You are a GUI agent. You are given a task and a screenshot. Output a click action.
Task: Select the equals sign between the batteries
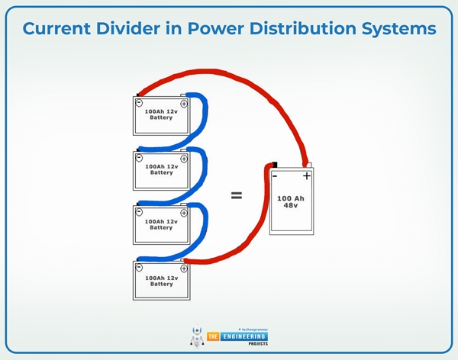(x=237, y=195)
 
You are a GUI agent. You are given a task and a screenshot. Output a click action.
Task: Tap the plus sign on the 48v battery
(x=306, y=176)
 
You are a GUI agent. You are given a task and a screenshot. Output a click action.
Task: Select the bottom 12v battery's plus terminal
(x=184, y=267)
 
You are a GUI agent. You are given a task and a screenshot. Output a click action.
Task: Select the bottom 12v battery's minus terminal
(x=140, y=267)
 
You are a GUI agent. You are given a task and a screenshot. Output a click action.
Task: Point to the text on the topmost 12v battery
(x=162, y=114)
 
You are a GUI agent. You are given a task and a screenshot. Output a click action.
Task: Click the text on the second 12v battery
(x=162, y=169)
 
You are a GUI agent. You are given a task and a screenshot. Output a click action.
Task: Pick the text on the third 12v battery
(x=162, y=224)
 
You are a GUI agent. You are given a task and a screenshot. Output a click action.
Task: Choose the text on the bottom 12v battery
(x=162, y=280)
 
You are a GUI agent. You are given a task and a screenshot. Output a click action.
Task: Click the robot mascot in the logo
(x=197, y=338)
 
